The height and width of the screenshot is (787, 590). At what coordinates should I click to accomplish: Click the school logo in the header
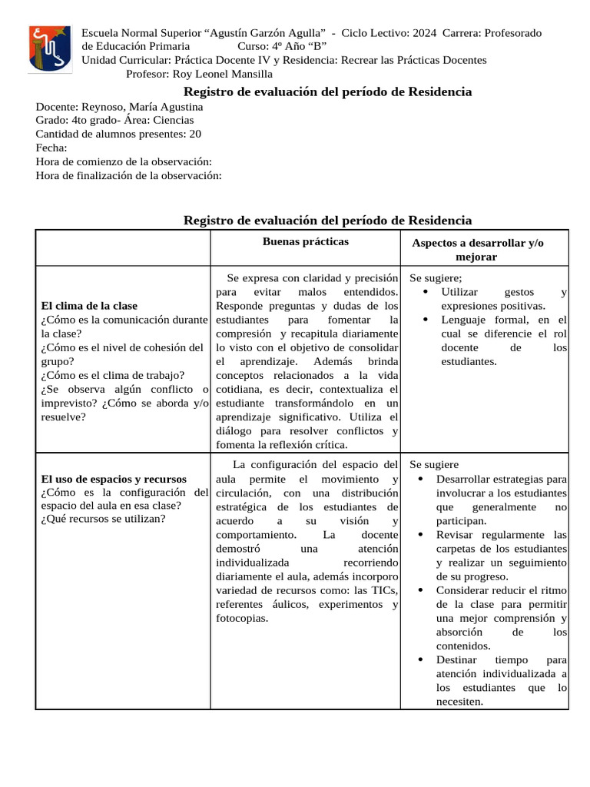(x=51, y=49)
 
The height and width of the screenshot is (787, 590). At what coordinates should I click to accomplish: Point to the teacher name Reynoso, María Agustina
(x=141, y=107)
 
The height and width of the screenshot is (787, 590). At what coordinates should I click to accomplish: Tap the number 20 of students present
(x=195, y=134)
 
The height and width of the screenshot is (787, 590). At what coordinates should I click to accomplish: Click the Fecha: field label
(x=51, y=148)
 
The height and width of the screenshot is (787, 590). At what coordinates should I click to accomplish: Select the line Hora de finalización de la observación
(x=128, y=176)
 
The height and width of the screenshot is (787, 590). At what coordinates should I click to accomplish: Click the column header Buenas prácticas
(x=305, y=242)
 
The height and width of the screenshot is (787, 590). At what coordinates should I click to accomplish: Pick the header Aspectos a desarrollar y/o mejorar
(x=477, y=250)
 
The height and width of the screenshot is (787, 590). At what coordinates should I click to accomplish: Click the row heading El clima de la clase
(x=89, y=306)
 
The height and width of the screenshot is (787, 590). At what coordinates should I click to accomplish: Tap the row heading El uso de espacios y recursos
(x=114, y=479)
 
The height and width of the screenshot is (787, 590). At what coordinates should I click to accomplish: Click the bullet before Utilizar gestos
(x=426, y=293)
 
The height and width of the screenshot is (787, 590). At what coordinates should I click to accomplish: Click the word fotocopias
(x=242, y=618)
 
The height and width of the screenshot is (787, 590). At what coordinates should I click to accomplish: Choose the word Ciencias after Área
(x=174, y=120)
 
